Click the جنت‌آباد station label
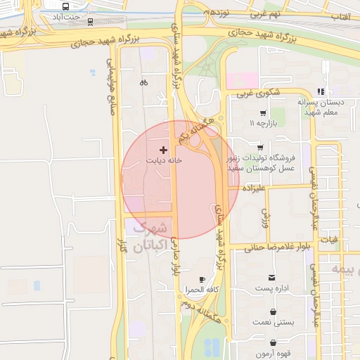[x=76, y=16]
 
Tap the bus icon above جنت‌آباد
[x=65, y=6]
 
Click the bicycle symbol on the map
[x=143, y=82]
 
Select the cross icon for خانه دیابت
[x=164, y=150]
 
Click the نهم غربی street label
[x=267, y=14]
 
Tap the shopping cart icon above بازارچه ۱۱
[x=263, y=112]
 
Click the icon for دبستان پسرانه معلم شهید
[x=321, y=91]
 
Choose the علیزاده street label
[x=252, y=188]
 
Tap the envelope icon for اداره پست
[x=273, y=278]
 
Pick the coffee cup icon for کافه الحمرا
[x=202, y=279]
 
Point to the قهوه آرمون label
[x=272, y=354]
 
